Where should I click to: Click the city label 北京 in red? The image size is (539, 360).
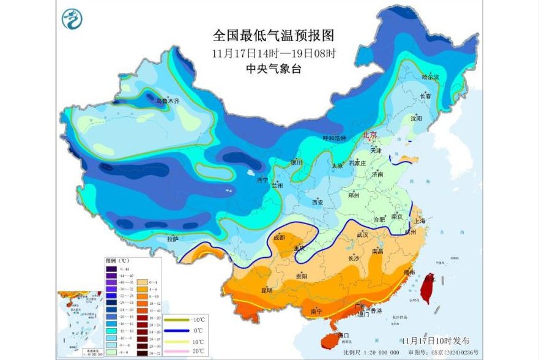click(x=370, y=135)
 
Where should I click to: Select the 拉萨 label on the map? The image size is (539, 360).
click(x=173, y=238)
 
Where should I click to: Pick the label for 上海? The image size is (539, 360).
click(x=419, y=222)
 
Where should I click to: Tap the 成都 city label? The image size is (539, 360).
click(x=279, y=238)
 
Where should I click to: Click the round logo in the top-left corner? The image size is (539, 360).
click(x=72, y=20)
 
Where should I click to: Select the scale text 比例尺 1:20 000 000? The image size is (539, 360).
click(x=371, y=353)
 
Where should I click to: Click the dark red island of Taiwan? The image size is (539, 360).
click(x=427, y=288)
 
